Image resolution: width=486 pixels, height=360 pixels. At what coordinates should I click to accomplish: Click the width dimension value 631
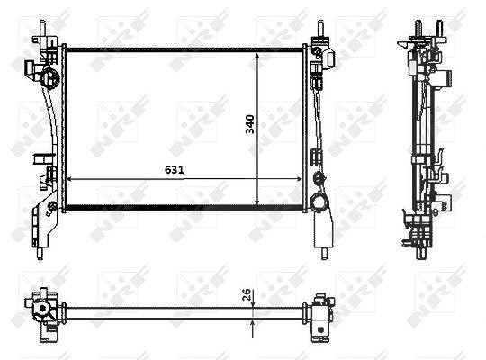point(175,169)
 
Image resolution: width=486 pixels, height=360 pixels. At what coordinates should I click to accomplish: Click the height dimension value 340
point(250,124)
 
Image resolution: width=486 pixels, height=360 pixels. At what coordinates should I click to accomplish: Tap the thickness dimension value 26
point(246,294)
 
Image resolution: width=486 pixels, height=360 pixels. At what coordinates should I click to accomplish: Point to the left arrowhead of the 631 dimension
point(69,179)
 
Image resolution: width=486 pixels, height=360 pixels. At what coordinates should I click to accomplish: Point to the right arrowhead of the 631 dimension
point(299,179)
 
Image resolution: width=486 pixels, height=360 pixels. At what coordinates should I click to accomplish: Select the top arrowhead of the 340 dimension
point(257,56)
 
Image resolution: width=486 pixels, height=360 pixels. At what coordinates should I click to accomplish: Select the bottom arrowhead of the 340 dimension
point(257,202)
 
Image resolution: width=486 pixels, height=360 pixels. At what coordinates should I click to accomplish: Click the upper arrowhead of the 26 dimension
point(254,304)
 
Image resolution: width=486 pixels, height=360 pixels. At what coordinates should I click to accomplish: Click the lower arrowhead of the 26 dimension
point(254,323)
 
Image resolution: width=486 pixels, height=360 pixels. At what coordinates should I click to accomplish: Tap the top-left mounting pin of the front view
point(43,28)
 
